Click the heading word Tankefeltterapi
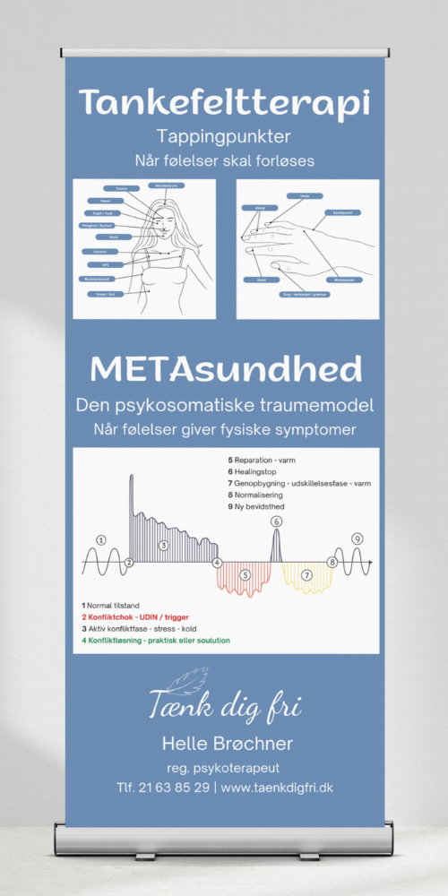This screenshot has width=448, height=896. point(224,102)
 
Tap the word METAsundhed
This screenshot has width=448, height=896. point(225,368)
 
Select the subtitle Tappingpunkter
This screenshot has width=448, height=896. point(224,137)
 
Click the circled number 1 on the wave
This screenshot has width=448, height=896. point(101,539)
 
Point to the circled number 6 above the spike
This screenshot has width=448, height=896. point(276,521)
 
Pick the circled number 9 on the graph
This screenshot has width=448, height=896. point(357,538)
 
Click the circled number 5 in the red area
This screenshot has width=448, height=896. point(245,574)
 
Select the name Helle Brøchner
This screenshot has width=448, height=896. point(227,744)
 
